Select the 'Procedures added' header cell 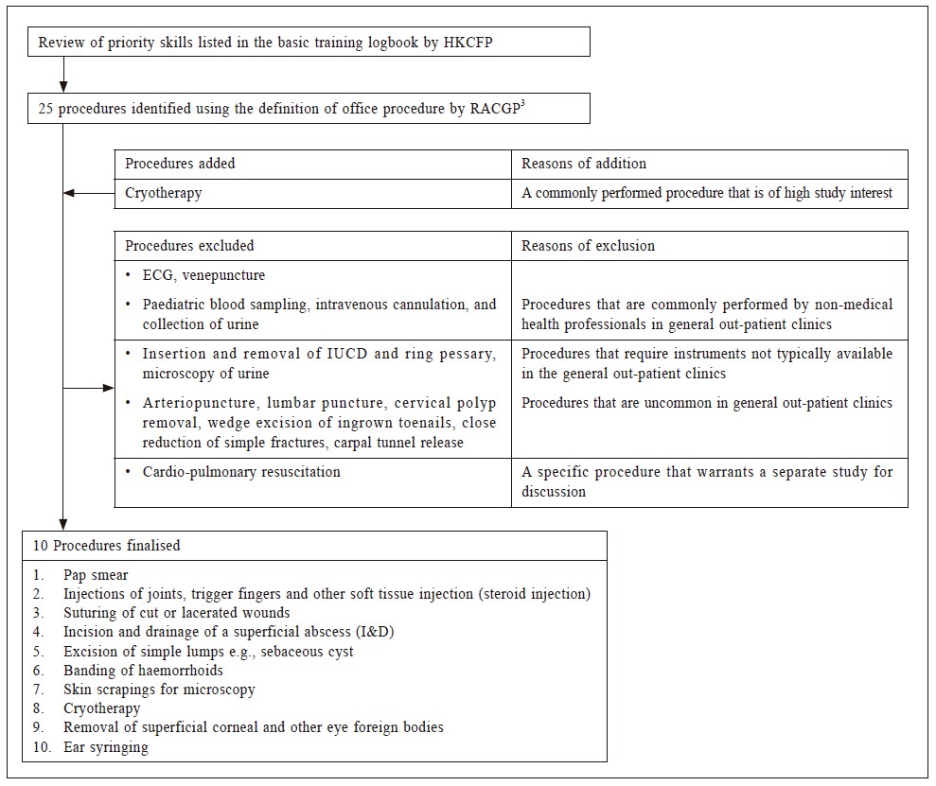180,164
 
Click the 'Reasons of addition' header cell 584,164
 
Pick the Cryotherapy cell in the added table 164,194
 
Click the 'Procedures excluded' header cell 189,246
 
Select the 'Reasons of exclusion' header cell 588,246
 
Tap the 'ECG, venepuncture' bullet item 203,275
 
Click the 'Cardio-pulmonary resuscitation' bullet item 241,471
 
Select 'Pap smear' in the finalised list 96,575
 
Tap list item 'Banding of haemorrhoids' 143,671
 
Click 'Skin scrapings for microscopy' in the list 159,690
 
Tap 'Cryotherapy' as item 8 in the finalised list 101,708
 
